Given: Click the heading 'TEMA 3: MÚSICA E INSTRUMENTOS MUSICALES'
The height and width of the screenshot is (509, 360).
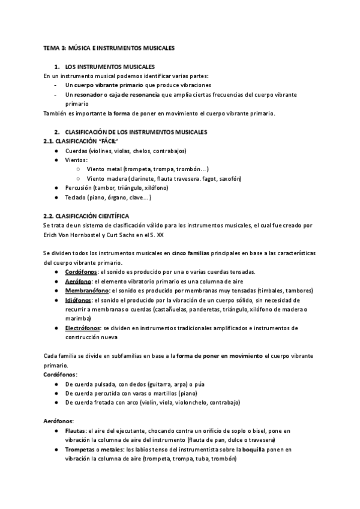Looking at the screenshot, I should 109,47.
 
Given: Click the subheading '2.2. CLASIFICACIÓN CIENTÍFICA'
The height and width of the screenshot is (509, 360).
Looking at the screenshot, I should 86,215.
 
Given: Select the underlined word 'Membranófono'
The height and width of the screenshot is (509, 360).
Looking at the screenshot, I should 87,291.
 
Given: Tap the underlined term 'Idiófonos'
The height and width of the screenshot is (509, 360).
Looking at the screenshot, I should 79,300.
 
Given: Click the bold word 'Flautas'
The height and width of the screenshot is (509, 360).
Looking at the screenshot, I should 75,431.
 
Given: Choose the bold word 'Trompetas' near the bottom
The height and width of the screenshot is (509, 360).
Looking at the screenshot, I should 79,450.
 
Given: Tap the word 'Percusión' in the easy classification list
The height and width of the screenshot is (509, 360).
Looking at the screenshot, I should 79,188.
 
